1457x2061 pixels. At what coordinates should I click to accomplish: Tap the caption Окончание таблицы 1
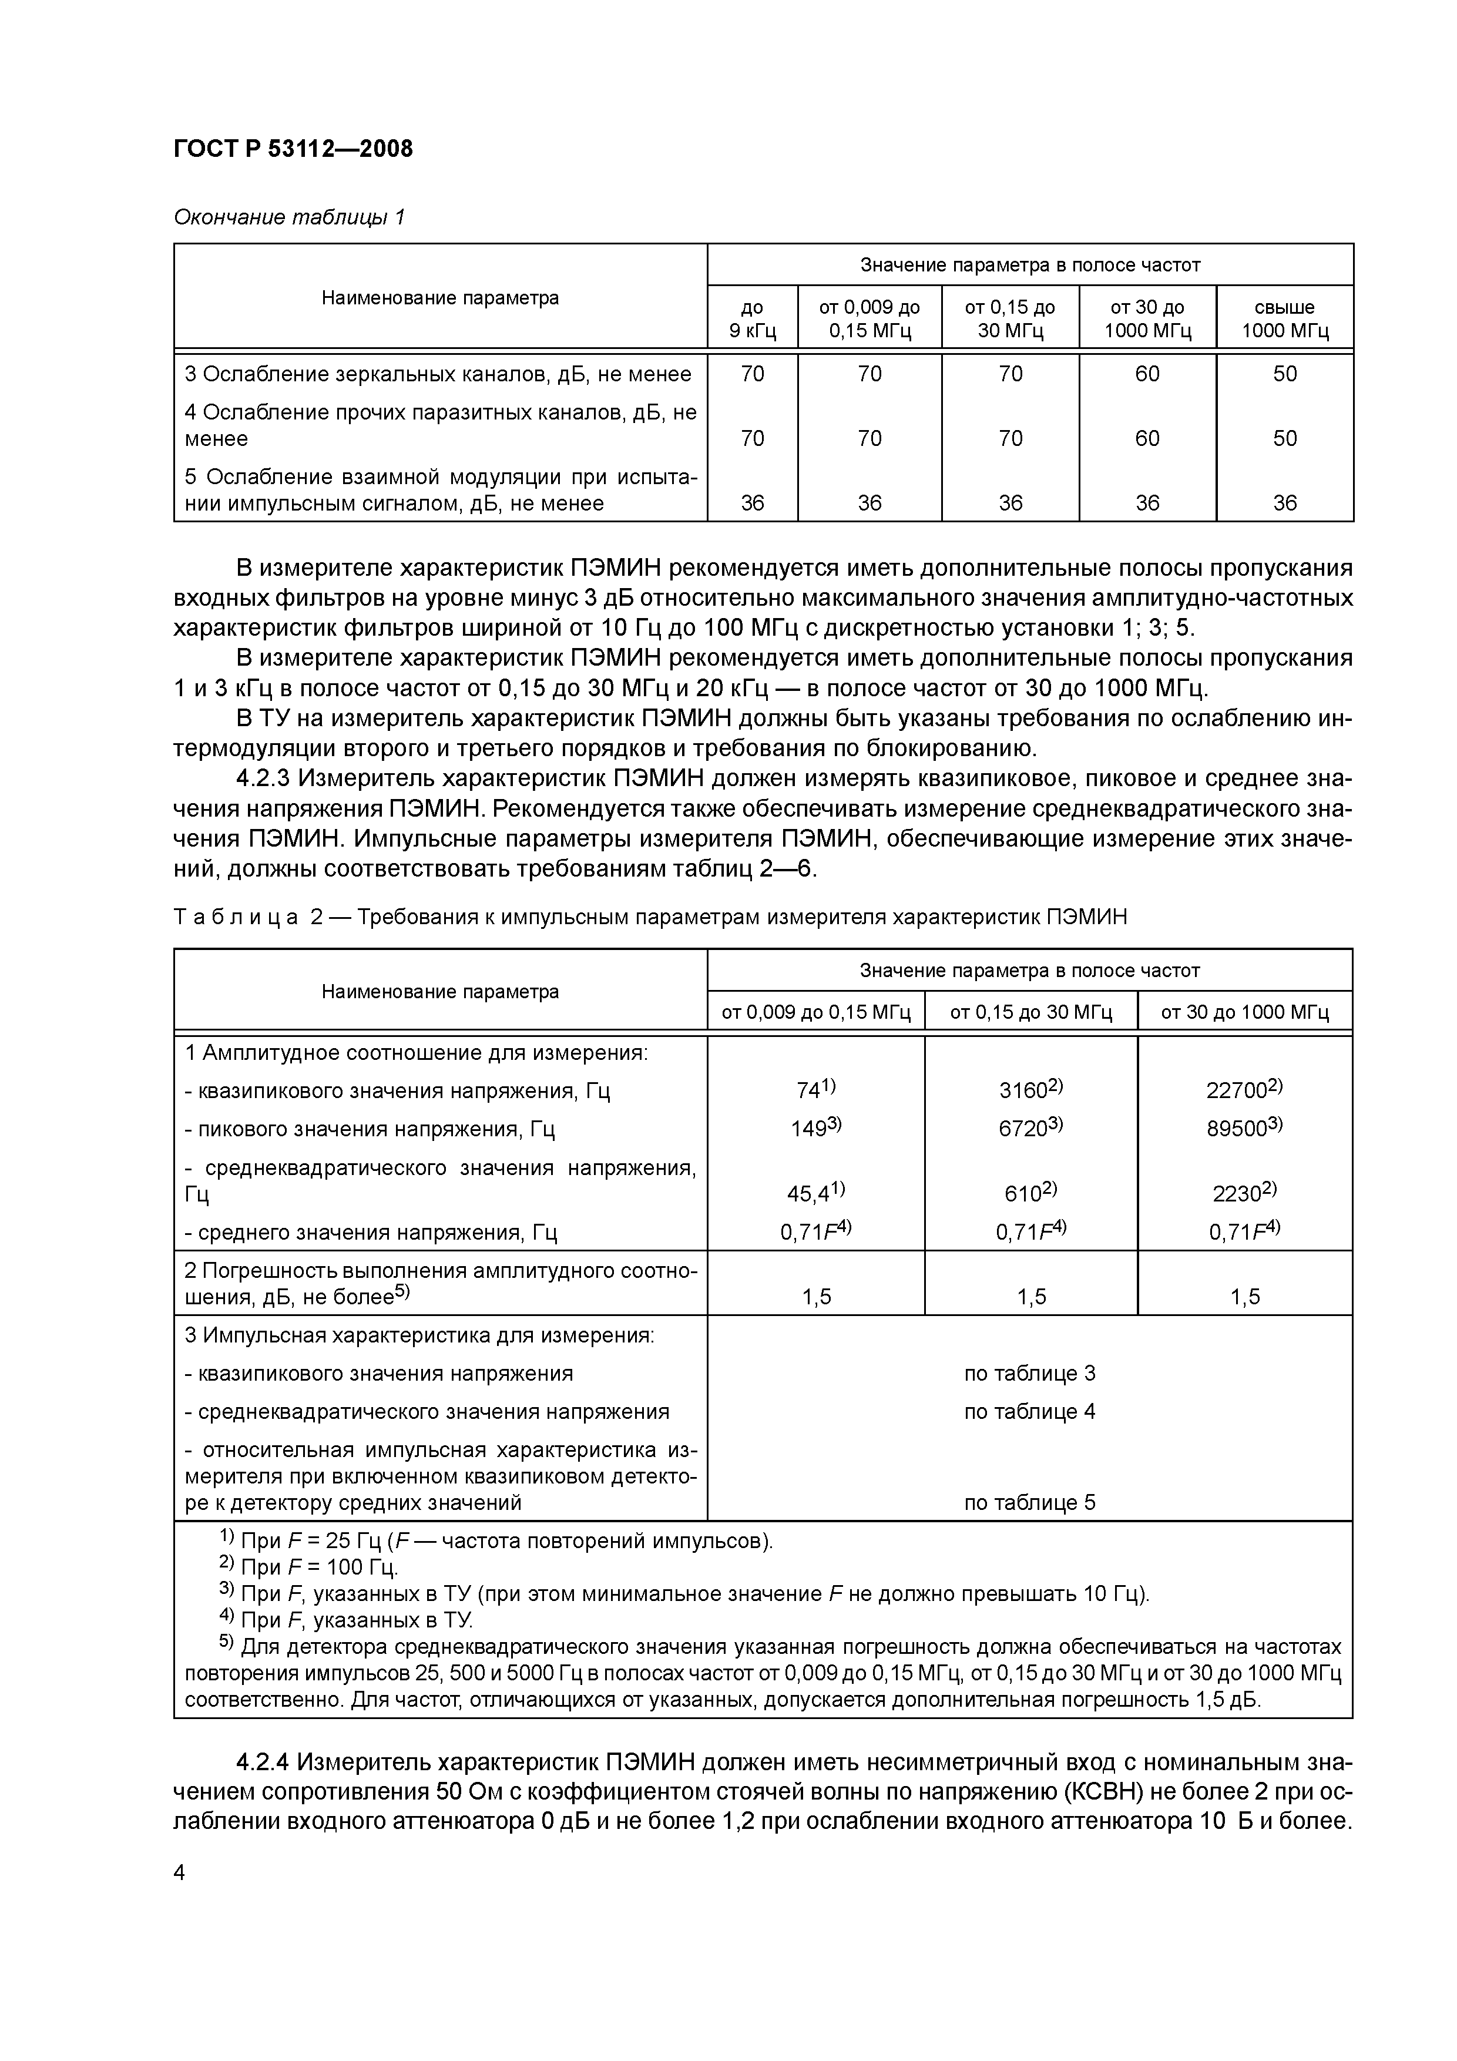point(289,217)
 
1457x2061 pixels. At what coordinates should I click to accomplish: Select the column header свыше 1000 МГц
point(1285,318)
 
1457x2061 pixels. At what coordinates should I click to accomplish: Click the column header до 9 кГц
point(752,318)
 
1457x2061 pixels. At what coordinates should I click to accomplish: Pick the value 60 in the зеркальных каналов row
point(1147,374)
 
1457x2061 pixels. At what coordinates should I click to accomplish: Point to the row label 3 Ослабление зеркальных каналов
point(438,374)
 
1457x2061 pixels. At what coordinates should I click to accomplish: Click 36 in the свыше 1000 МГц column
point(1285,503)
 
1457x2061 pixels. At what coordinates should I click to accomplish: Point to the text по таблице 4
point(1030,1411)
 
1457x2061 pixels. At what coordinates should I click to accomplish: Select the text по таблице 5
point(1030,1503)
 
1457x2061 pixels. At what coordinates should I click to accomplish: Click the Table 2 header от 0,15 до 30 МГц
point(1030,1012)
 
